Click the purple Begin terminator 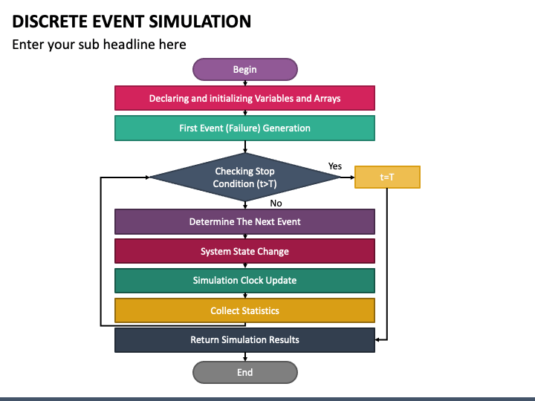pos(245,69)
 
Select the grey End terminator pos(245,372)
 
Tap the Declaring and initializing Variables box pos(244,98)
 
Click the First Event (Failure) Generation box pos(244,128)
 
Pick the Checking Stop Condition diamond pos(245,177)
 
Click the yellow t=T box pos(387,177)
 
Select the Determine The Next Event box pos(244,221)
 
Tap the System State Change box pos(244,251)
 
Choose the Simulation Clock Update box pos(244,281)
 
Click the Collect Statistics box pos(244,310)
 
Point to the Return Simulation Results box pos(244,340)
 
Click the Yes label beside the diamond pos(334,166)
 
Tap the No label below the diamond pos(276,203)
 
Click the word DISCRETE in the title pos(50,22)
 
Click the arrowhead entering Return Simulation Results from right pos(377,339)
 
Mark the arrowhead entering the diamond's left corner pos(147,177)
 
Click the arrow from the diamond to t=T pos(347,177)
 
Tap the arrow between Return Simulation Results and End pos(245,356)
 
